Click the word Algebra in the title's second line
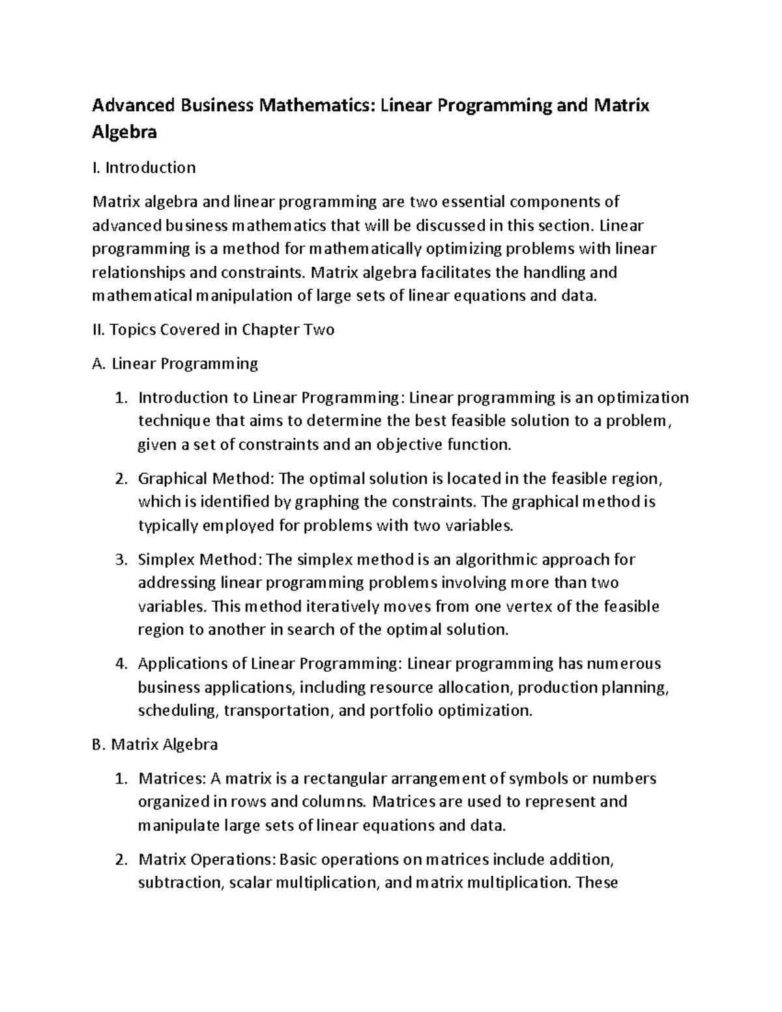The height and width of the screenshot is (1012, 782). click(124, 132)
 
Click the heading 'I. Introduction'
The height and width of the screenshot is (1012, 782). click(144, 167)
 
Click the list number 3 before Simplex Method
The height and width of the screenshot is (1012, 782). click(120, 560)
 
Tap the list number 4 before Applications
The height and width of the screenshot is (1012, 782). click(120, 663)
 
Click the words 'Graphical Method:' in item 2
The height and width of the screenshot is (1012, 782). click(206, 478)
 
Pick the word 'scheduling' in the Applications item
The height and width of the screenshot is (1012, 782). click(177, 710)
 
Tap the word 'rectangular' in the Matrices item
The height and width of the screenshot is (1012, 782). click(345, 778)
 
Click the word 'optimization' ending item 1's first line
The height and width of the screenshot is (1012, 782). click(643, 398)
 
